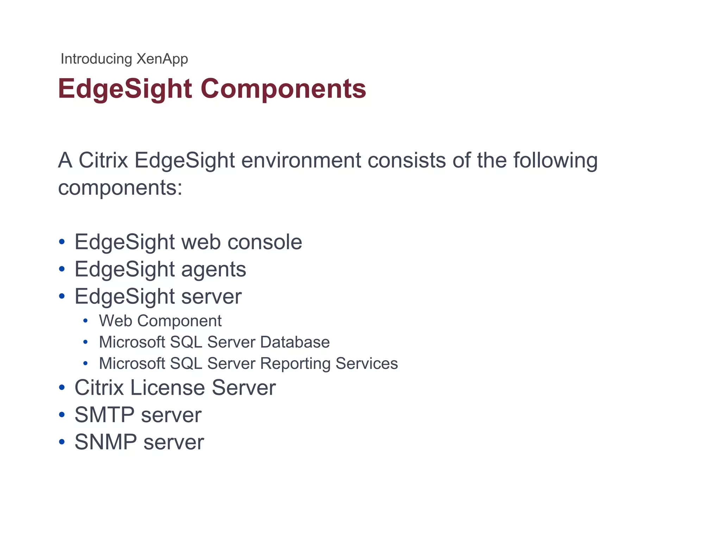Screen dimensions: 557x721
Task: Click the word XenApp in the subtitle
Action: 162,59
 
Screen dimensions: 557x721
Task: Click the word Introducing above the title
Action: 96,59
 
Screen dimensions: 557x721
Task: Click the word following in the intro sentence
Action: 555,161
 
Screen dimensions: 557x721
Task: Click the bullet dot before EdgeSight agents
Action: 62,269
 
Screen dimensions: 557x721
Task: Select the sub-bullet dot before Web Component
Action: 85,321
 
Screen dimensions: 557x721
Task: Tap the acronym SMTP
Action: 105,415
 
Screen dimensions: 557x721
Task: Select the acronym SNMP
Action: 106,442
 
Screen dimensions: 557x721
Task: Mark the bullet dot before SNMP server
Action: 62,442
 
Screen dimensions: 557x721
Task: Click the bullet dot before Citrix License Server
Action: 62,388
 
